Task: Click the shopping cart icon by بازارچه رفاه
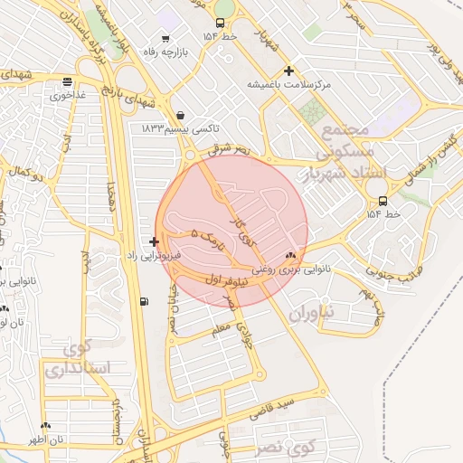165,38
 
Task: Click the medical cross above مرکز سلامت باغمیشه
288,71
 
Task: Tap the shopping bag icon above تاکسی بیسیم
183,116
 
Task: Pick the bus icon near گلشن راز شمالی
383,201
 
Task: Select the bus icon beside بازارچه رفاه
221,24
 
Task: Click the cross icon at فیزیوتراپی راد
155,241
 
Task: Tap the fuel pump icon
144,301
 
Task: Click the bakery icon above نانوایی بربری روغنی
290,256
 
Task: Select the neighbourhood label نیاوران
312,313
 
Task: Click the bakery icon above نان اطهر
45,425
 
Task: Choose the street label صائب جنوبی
390,267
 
